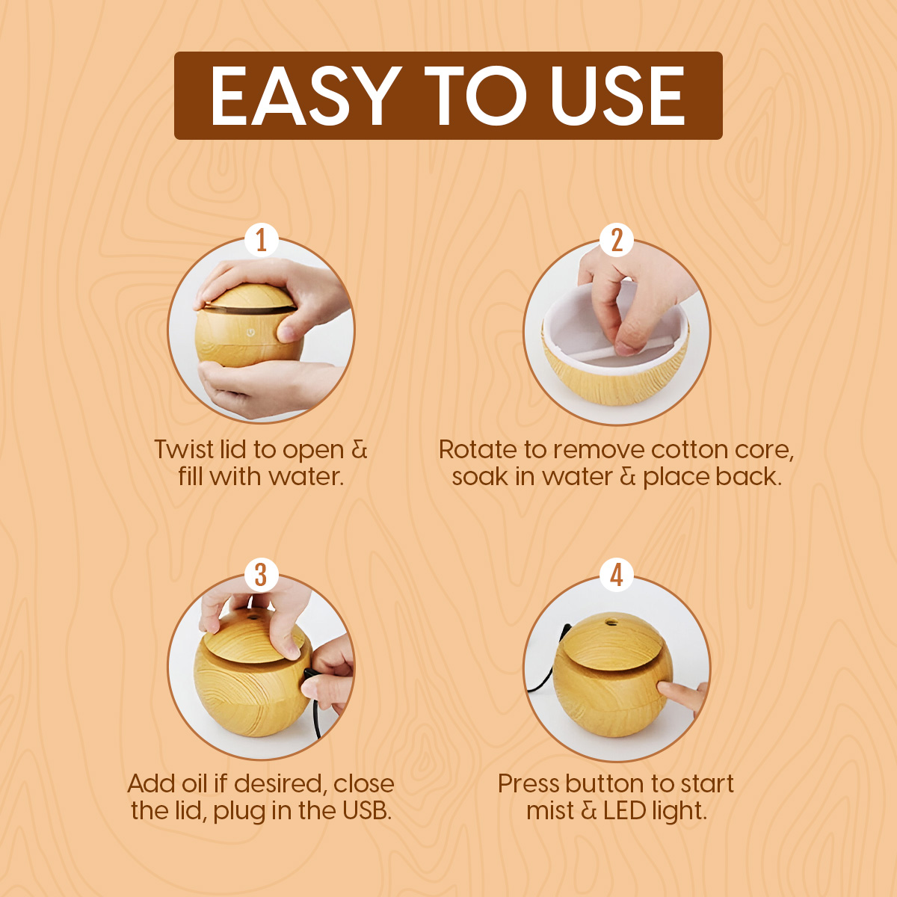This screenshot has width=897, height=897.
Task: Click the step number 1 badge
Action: [x=261, y=241]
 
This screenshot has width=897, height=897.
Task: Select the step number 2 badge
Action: [x=616, y=241]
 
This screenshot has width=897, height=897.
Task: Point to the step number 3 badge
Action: [x=261, y=576]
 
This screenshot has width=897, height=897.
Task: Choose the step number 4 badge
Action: [x=616, y=576]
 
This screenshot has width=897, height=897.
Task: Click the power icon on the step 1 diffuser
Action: [x=250, y=332]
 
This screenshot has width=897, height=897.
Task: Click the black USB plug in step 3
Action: [x=308, y=673]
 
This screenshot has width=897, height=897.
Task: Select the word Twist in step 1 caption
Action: [x=182, y=449]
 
